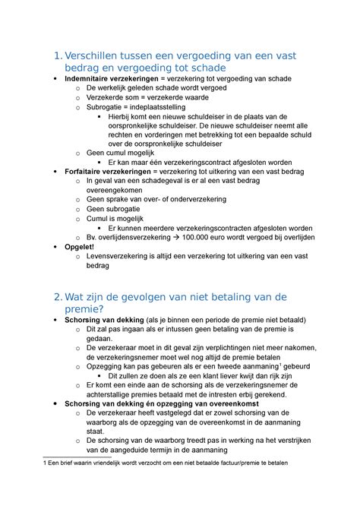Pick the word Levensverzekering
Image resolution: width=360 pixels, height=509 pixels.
pyautogui.click(x=121, y=258)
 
